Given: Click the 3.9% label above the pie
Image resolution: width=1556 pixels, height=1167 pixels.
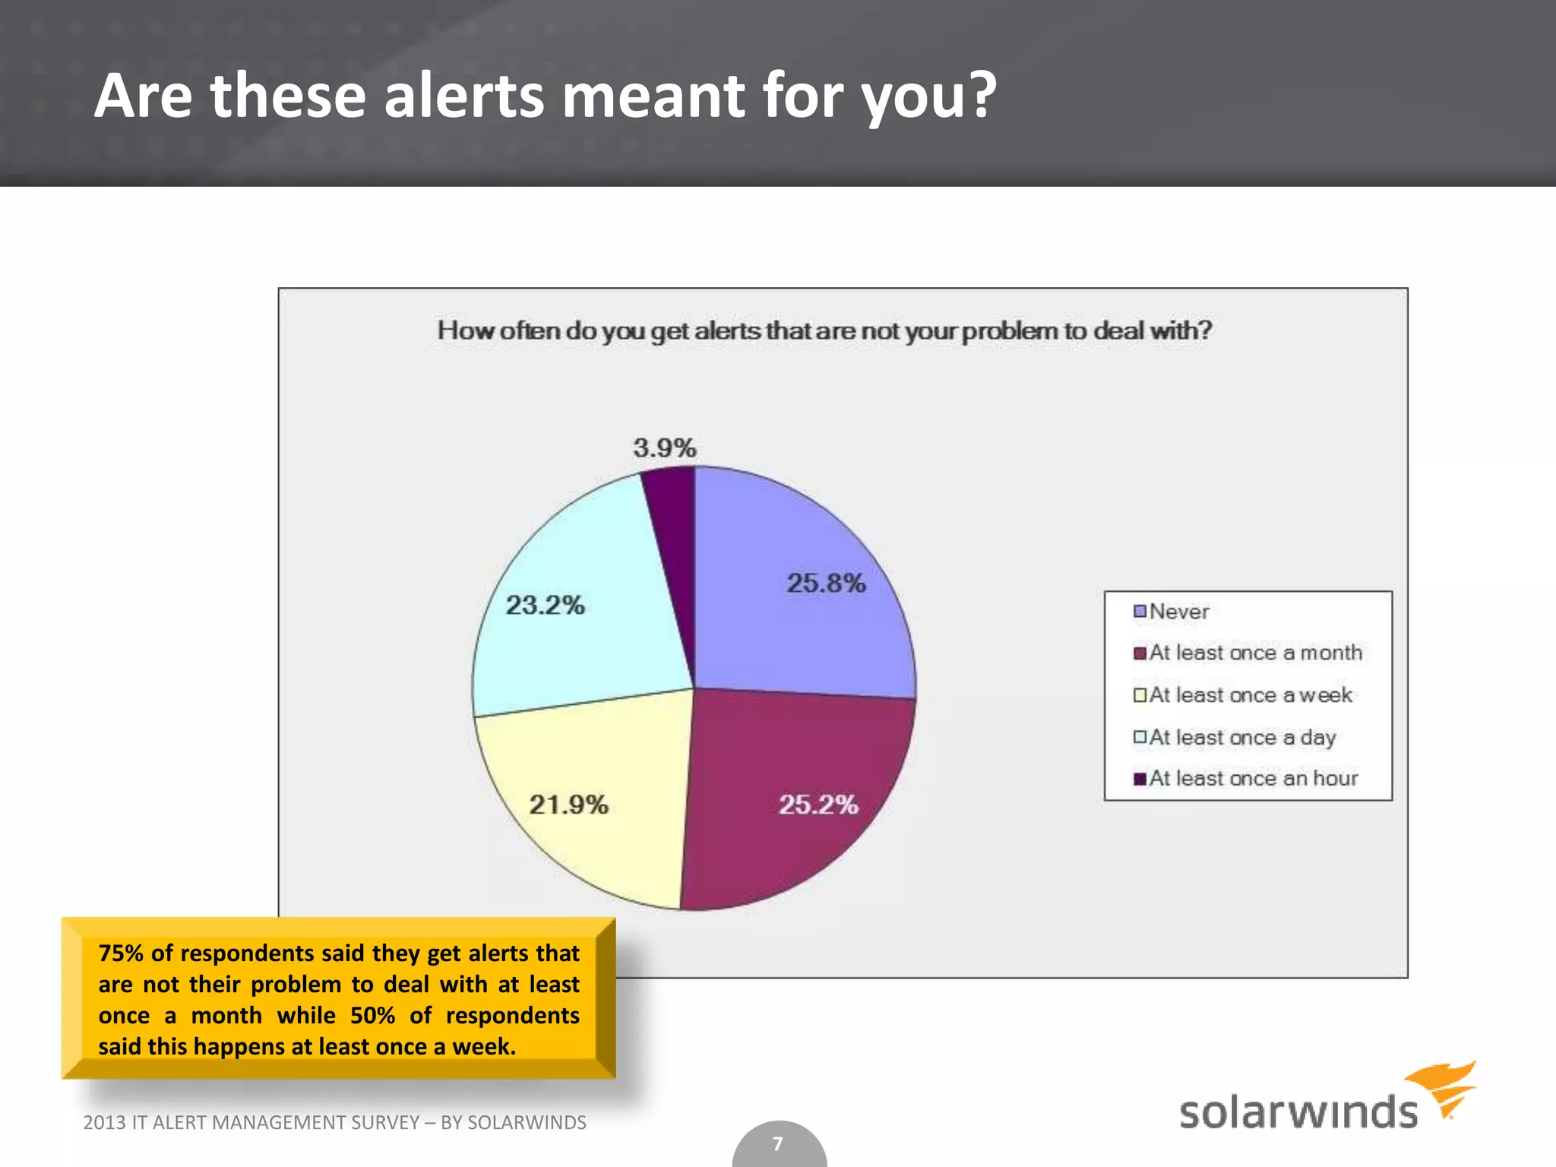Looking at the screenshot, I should [665, 448].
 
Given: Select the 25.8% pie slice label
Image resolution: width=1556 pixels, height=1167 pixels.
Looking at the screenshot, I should [826, 583].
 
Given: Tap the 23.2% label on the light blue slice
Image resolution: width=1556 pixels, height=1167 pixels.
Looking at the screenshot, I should [545, 605].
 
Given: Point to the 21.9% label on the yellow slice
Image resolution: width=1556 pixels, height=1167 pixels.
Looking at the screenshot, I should [568, 804].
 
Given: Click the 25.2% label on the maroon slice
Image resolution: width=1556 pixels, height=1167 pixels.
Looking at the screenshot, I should [818, 804].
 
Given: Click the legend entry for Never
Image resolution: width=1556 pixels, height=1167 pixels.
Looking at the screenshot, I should [1178, 612].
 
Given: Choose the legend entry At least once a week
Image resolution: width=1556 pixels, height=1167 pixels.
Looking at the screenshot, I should [1250, 695].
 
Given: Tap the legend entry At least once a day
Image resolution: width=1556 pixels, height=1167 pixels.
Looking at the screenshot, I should [1241, 737].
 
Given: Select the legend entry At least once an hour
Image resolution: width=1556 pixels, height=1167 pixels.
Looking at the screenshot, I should [1253, 778].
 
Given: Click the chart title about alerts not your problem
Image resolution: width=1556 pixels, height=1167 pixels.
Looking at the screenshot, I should [824, 330].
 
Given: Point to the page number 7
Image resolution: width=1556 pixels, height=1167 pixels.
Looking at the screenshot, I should [778, 1143].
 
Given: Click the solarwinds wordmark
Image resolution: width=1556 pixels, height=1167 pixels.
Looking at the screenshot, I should [1298, 1112].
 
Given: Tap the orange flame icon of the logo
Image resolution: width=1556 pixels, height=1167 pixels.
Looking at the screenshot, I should [1444, 1086].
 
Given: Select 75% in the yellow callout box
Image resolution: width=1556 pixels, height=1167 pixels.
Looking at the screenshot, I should [121, 953].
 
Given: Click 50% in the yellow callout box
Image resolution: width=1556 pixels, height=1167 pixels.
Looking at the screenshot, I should [372, 1015].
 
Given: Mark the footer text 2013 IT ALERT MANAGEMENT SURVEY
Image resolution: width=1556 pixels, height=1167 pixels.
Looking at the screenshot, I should [251, 1122].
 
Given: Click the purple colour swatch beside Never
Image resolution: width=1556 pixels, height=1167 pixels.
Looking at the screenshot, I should [1140, 612].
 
